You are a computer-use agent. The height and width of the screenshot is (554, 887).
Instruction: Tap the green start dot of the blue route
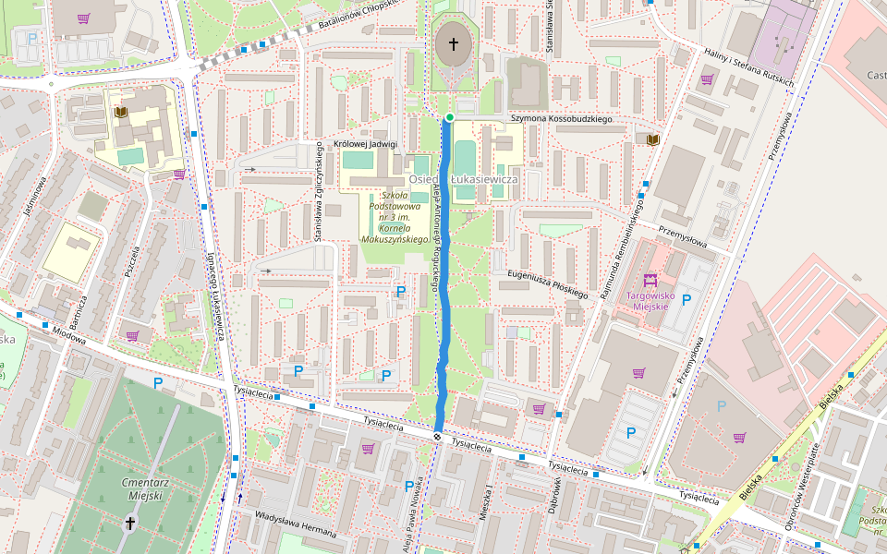click(449, 117)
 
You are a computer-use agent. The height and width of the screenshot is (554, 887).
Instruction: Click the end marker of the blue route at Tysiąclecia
click(437, 436)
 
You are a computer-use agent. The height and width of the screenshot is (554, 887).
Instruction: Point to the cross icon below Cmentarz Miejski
click(130, 524)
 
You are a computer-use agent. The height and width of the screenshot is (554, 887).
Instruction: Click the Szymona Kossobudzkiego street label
click(563, 119)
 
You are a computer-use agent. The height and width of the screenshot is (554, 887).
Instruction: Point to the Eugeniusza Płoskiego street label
click(547, 283)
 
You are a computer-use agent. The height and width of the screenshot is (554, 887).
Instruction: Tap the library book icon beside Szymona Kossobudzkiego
click(653, 138)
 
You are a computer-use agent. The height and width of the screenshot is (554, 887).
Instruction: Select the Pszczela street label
click(131, 261)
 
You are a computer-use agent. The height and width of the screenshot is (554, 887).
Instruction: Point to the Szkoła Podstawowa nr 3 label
click(398, 217)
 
